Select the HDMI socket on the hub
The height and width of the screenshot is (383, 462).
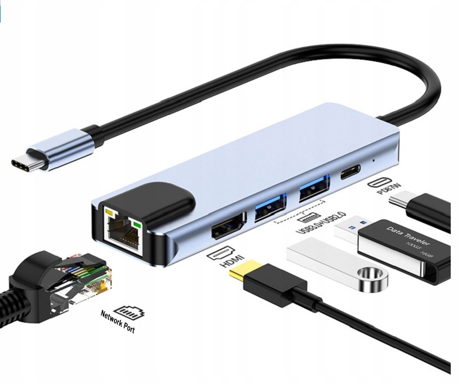point(229,226)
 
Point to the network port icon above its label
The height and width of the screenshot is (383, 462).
point(129,311)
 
